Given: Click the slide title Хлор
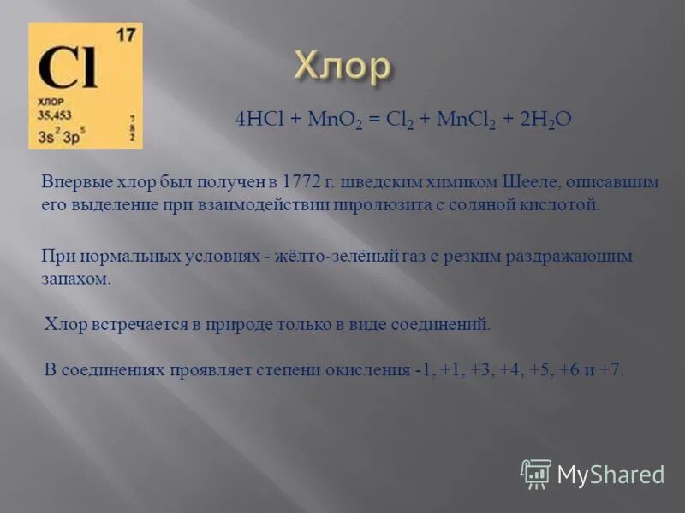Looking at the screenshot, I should pyautogui.click(x=342, y=68).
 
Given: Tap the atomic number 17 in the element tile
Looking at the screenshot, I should pyautogui.click(x=125, y=36).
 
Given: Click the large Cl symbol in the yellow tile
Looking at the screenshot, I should pyautogui.click(x=68, y=71).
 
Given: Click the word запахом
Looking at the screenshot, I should pyautogui.click(x=76, y=279).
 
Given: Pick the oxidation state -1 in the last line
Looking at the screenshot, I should pyautogui.click(x=422, y=370).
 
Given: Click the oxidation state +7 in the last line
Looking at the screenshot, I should pyautogui.click(x=611, y=370).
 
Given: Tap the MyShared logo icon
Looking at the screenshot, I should pyautogui.click(x=536, y=473).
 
